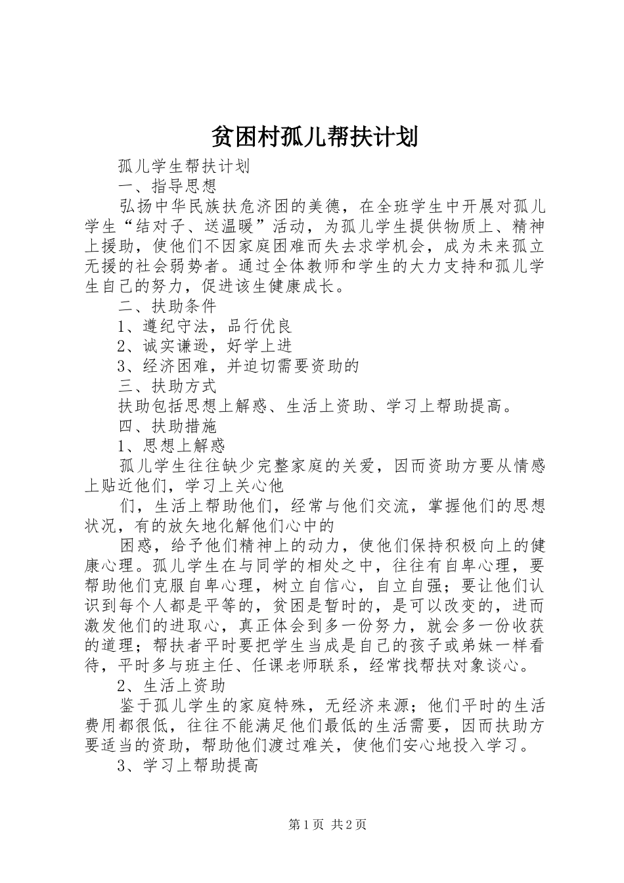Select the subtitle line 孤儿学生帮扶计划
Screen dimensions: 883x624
pos(183,166)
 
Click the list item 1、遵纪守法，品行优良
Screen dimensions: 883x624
pos(205,326)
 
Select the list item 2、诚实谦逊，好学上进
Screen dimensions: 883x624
pos(205,346)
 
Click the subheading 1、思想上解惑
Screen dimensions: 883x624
pos(172,445)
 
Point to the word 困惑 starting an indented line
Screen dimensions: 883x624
pos(135,546)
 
